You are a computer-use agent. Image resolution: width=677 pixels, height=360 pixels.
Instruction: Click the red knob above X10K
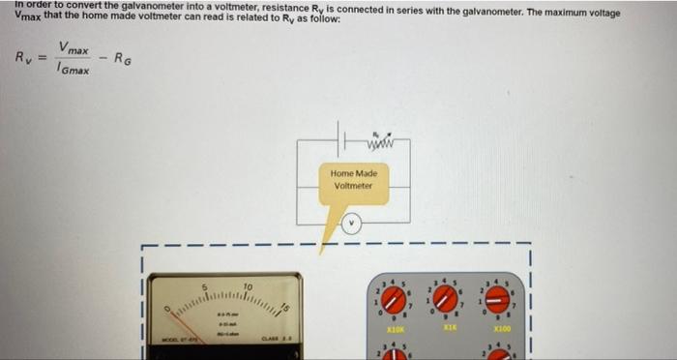coord(395,301)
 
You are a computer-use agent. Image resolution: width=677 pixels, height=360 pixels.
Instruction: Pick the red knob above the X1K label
coord(446,299)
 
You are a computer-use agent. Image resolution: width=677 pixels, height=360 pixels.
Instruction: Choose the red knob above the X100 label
coord(497,299)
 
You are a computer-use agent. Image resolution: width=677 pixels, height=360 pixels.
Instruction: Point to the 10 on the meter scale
coord(248,287)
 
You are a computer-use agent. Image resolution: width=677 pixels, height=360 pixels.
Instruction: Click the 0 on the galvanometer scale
coord(167,310)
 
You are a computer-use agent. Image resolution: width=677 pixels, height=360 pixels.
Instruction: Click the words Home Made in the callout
coord(354,173)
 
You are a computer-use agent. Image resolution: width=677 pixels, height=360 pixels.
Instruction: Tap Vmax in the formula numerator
coord(74,47)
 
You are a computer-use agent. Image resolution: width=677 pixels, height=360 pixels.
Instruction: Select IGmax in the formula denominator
coord(74,70)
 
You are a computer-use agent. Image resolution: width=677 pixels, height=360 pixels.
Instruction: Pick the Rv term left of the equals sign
coord(24,58)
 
